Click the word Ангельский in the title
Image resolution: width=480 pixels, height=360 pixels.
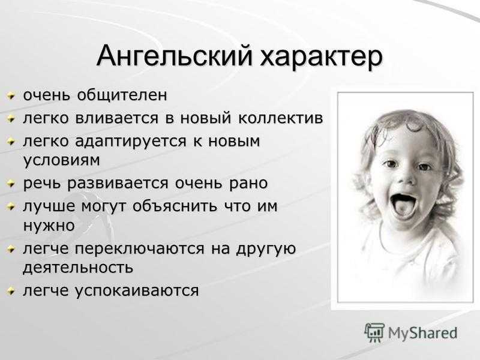175,56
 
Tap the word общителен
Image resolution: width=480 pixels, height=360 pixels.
122,95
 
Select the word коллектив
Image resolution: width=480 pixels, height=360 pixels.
281,118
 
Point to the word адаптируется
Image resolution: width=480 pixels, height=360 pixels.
131,142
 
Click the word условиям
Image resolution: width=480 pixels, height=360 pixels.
62,160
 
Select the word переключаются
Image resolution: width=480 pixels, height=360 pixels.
140,249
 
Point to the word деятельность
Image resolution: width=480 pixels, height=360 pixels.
78,268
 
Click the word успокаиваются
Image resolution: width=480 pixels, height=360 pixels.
137,291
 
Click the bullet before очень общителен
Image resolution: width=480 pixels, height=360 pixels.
11,97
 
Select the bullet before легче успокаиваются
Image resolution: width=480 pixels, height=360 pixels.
11,292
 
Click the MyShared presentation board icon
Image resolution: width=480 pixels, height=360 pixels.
374,332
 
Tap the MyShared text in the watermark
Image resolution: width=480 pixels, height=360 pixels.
423,333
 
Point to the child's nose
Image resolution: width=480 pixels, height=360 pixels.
407,178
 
